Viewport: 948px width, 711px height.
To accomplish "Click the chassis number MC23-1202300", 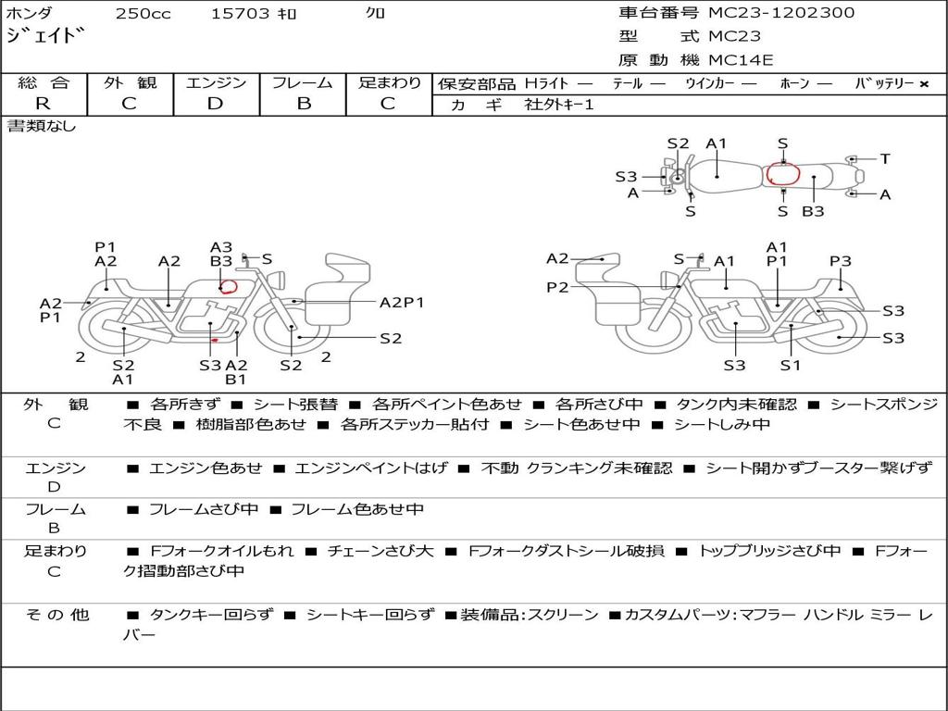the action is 781,13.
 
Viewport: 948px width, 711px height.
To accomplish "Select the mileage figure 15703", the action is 241,14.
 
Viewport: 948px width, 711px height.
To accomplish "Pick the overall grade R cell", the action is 44,104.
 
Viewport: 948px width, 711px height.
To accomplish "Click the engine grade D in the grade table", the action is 216,104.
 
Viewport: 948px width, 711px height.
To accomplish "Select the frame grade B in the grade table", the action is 303,104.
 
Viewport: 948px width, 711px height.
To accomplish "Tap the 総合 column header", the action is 44,83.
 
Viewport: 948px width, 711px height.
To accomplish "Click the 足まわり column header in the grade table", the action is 390,83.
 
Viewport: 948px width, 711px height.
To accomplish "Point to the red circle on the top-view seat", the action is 782,173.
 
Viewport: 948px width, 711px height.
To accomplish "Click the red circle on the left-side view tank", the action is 227,285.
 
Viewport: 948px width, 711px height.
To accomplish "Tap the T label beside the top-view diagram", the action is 885,159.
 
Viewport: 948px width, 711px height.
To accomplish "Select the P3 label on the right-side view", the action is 840,262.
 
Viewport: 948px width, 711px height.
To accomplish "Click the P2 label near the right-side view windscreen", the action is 557,288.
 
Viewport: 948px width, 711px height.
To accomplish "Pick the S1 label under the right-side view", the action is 790,365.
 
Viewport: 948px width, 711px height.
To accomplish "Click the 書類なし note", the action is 42,126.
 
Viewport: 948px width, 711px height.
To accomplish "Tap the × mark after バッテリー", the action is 923,84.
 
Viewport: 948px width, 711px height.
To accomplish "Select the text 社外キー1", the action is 559,105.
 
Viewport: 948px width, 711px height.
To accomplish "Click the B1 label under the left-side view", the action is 236,379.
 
